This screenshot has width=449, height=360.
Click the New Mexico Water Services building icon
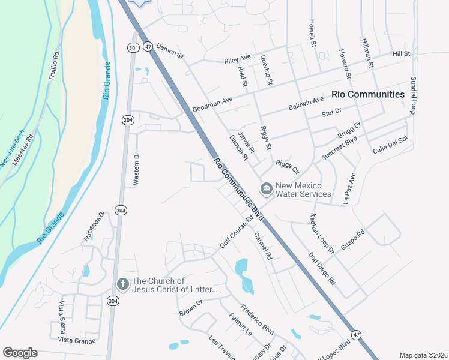(266, 189)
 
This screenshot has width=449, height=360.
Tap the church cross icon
(123, 284)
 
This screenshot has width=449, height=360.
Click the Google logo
(20, 353)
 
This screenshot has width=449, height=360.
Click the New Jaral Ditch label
(12, 149)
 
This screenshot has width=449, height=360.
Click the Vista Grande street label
(77, 340)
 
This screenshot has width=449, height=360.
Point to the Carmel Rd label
(263, 246)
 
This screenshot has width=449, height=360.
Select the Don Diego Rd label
(322, 266)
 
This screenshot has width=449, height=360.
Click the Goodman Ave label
(212, 106)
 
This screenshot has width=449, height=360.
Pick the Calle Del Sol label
(390, 145)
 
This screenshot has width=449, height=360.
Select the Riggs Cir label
(287, 165)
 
